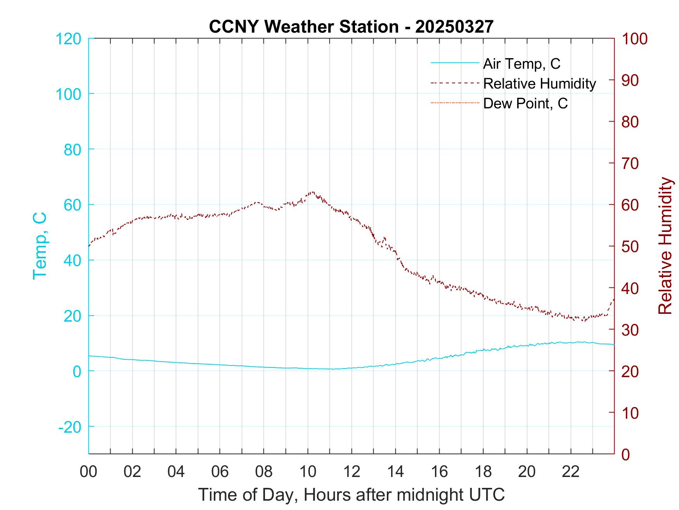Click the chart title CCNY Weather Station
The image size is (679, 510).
(351, 26)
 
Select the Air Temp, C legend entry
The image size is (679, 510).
(521, 64)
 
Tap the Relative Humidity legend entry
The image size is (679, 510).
(539, 84)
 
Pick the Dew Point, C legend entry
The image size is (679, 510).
(525, 103)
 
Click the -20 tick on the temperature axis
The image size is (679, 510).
(70, 427)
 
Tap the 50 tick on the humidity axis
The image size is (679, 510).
(630, 246)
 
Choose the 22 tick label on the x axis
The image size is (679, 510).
(571, 472)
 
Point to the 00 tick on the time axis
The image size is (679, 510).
(88, 472)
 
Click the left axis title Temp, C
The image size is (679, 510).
(40, 245)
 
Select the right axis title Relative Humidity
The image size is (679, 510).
(665, 245)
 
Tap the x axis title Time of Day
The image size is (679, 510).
(351, 495)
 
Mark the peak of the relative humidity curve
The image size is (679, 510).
(312, 192)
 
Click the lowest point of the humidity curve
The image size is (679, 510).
(583, 320)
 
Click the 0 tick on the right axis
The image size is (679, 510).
(626, 454)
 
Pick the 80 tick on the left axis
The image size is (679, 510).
(72, 149)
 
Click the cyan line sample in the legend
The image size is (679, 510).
(454, 63)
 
